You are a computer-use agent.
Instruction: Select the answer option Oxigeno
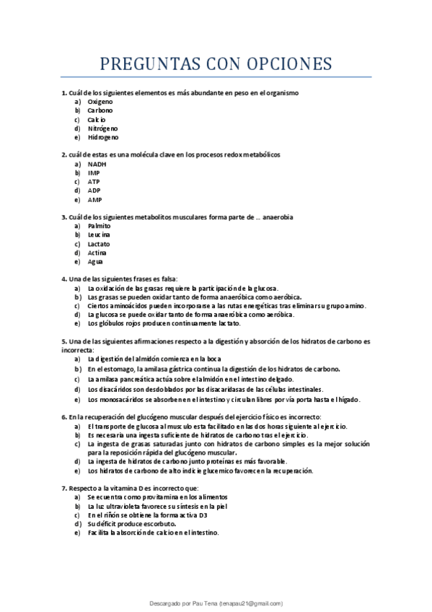pyautogui.click(x=100, y=102)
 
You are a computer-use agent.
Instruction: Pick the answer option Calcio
pyautogui.click(x=97, y=120)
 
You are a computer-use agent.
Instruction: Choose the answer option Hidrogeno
pyautogui.click(x=103, y=137)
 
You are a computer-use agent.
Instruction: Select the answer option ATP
pyautogui.click(x=94, y=182)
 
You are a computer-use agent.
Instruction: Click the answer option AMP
pyautogui.click(x=94, y=199)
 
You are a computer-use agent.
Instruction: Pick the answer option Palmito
pyautogui.click(x=100, y=226)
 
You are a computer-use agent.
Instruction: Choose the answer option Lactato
pyautogui.click(x=99, y=244)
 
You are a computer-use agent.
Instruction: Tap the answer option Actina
pyautogui.click(x=97, y=253)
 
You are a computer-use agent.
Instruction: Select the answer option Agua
pyautogui.click(x=95, y=261)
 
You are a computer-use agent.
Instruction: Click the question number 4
pyautogui.click(x=63, y=279)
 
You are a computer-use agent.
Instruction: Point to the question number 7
pyautogui.click(x=63, y=488)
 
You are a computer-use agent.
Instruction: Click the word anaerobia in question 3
pyautogui.click(x=278, y=217)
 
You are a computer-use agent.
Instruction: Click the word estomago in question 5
pyautogui.click(x=110, y=369)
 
